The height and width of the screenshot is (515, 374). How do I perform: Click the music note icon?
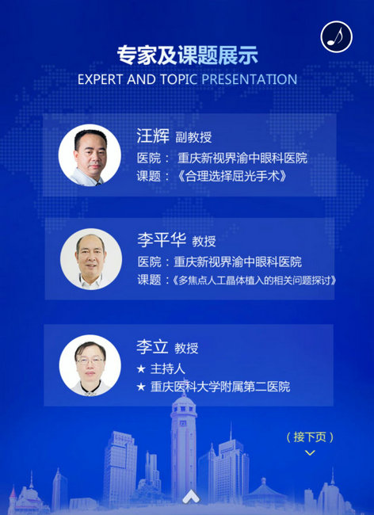336,36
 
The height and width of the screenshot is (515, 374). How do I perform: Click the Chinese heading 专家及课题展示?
188,55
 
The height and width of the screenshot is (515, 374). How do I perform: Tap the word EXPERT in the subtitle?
100,79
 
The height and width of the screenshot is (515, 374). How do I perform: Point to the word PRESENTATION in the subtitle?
250,79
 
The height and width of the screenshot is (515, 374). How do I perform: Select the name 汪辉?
153,135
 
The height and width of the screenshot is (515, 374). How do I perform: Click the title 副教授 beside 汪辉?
193,137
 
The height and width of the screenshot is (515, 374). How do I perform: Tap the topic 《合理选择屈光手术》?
232,177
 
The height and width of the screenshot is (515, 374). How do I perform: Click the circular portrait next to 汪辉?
90,155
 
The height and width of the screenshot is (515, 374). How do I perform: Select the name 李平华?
162,240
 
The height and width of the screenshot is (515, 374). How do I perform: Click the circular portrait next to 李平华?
91,259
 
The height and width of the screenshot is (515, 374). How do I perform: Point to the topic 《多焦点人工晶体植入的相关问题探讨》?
254,280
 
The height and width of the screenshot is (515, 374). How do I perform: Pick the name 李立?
152,347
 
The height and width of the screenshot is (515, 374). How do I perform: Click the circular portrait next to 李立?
90,365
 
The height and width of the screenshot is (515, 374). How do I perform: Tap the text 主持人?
168,369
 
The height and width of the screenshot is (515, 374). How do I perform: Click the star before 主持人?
141,369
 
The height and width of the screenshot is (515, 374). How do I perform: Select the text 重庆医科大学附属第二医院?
220,387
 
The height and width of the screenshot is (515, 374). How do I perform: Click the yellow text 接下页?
310,437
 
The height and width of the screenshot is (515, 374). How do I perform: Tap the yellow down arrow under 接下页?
310,452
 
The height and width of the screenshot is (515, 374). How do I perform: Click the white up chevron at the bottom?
192,496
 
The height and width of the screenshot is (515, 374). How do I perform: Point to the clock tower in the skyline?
184,448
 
